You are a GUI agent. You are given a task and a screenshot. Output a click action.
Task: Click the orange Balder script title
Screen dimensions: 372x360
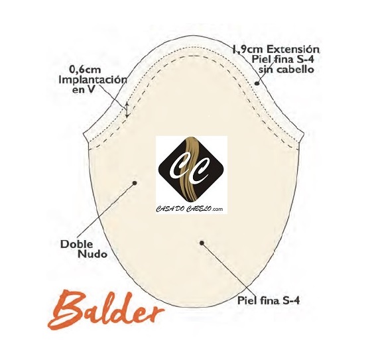[105, 310]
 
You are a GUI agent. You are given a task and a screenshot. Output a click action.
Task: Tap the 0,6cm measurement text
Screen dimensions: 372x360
[85, 70]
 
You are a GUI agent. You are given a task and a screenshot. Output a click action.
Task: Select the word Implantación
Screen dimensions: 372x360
[93, 80]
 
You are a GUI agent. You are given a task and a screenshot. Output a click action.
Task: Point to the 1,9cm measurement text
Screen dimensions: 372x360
[247, 50]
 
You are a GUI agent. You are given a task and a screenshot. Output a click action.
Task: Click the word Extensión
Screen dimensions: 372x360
[292, 49]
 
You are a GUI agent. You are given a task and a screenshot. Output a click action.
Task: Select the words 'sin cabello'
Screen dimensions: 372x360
[286, 70]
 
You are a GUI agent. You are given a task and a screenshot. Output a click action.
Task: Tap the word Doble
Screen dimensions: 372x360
[77, 244]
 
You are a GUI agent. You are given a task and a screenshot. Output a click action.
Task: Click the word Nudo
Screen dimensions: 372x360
[93, 255]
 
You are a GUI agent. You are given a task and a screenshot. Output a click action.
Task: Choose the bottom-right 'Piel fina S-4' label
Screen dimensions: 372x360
[269, 301]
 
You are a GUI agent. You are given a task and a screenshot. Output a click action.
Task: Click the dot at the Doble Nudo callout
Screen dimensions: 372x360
[135, 183]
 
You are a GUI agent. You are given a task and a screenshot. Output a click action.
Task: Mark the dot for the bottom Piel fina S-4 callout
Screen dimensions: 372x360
[202, 243]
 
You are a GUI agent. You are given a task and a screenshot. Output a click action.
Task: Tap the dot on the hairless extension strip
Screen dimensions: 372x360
[257, 83]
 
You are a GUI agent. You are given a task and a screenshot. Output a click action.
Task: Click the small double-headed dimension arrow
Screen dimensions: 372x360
[127, 110]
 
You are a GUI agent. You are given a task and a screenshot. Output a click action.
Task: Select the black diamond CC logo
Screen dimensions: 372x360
[191, 168]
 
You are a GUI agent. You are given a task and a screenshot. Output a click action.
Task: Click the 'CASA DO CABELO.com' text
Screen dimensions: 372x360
[190, 209]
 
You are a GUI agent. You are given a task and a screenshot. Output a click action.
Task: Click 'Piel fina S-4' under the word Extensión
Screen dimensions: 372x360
[282, 59]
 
